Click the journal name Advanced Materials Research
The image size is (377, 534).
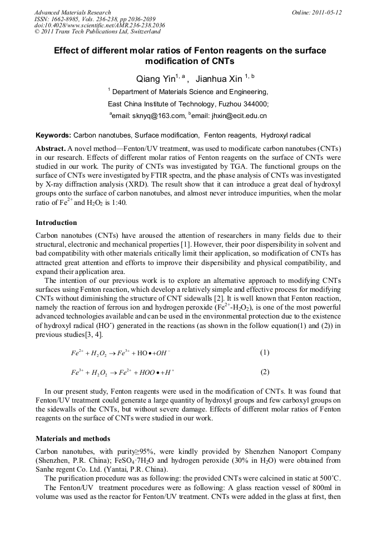point(72,12)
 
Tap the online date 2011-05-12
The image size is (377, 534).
point(329,12)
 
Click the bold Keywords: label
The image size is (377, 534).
point(53,135)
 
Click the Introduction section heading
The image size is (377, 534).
point(56,223)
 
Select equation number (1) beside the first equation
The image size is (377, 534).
point(265,352)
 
